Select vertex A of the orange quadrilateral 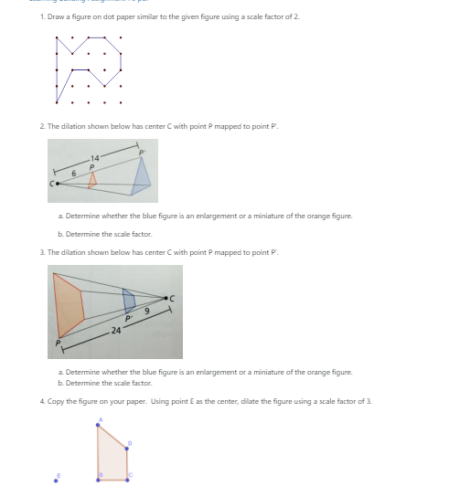100,427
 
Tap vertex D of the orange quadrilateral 126,448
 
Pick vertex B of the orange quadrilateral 101,478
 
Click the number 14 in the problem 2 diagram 95,159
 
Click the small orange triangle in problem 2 91,180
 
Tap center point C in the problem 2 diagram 57,184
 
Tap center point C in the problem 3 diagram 166,297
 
